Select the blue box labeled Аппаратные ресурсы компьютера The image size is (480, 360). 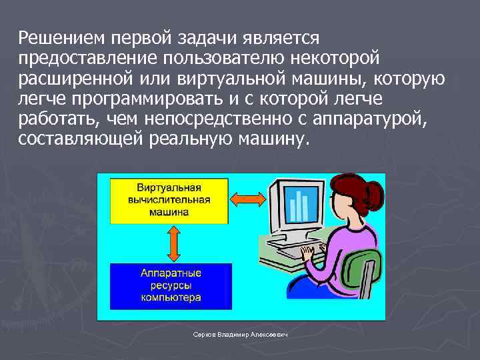click(171, 285)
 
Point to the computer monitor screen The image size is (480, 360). click(300, 201)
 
